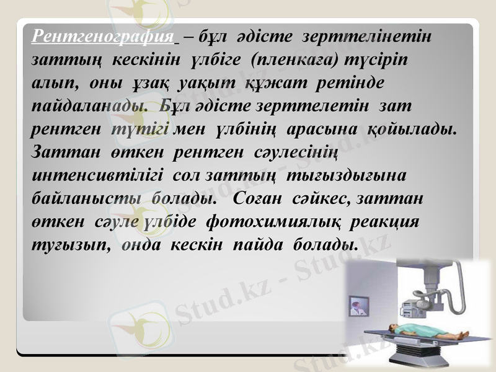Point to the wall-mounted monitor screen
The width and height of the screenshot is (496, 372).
(357, 306)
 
